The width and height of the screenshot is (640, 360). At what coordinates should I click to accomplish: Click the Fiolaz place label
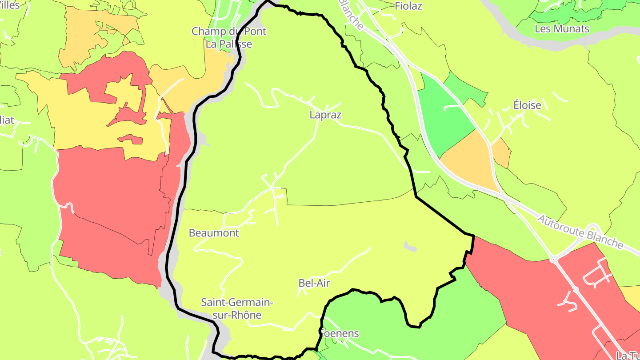coord(408,6)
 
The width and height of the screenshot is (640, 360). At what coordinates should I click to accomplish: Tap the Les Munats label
coord(562,29)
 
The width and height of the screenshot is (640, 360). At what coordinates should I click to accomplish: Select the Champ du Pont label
coord(229,32)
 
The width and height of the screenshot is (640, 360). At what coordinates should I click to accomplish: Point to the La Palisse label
coord(228,44)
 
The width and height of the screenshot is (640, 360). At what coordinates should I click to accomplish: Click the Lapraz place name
coord(325,115)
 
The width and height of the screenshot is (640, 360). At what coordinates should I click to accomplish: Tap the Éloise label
coord(527,105)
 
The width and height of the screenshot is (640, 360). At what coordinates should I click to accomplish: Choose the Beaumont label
coord(214,233)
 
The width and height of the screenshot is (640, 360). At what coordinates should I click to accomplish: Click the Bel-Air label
coord(314,283)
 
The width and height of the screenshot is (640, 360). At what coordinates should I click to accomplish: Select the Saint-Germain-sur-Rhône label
coord(236,308)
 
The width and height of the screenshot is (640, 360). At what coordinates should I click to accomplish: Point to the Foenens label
coord(340,333)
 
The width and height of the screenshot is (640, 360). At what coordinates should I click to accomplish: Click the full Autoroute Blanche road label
coord(580,232)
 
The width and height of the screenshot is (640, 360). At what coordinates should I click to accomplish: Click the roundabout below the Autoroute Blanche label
coord(553,260)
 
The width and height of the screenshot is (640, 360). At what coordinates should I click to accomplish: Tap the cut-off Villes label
coord(10,5)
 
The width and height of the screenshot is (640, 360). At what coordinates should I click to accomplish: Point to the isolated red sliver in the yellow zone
coord(130,139)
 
